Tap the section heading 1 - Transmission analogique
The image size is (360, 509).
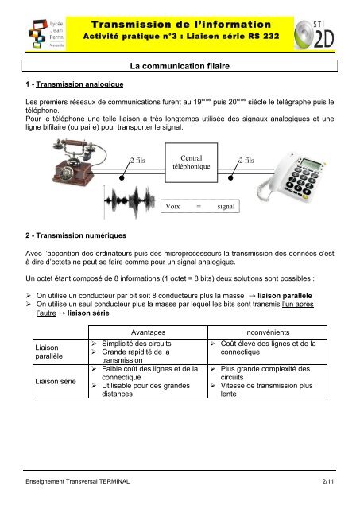pos(67,83)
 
